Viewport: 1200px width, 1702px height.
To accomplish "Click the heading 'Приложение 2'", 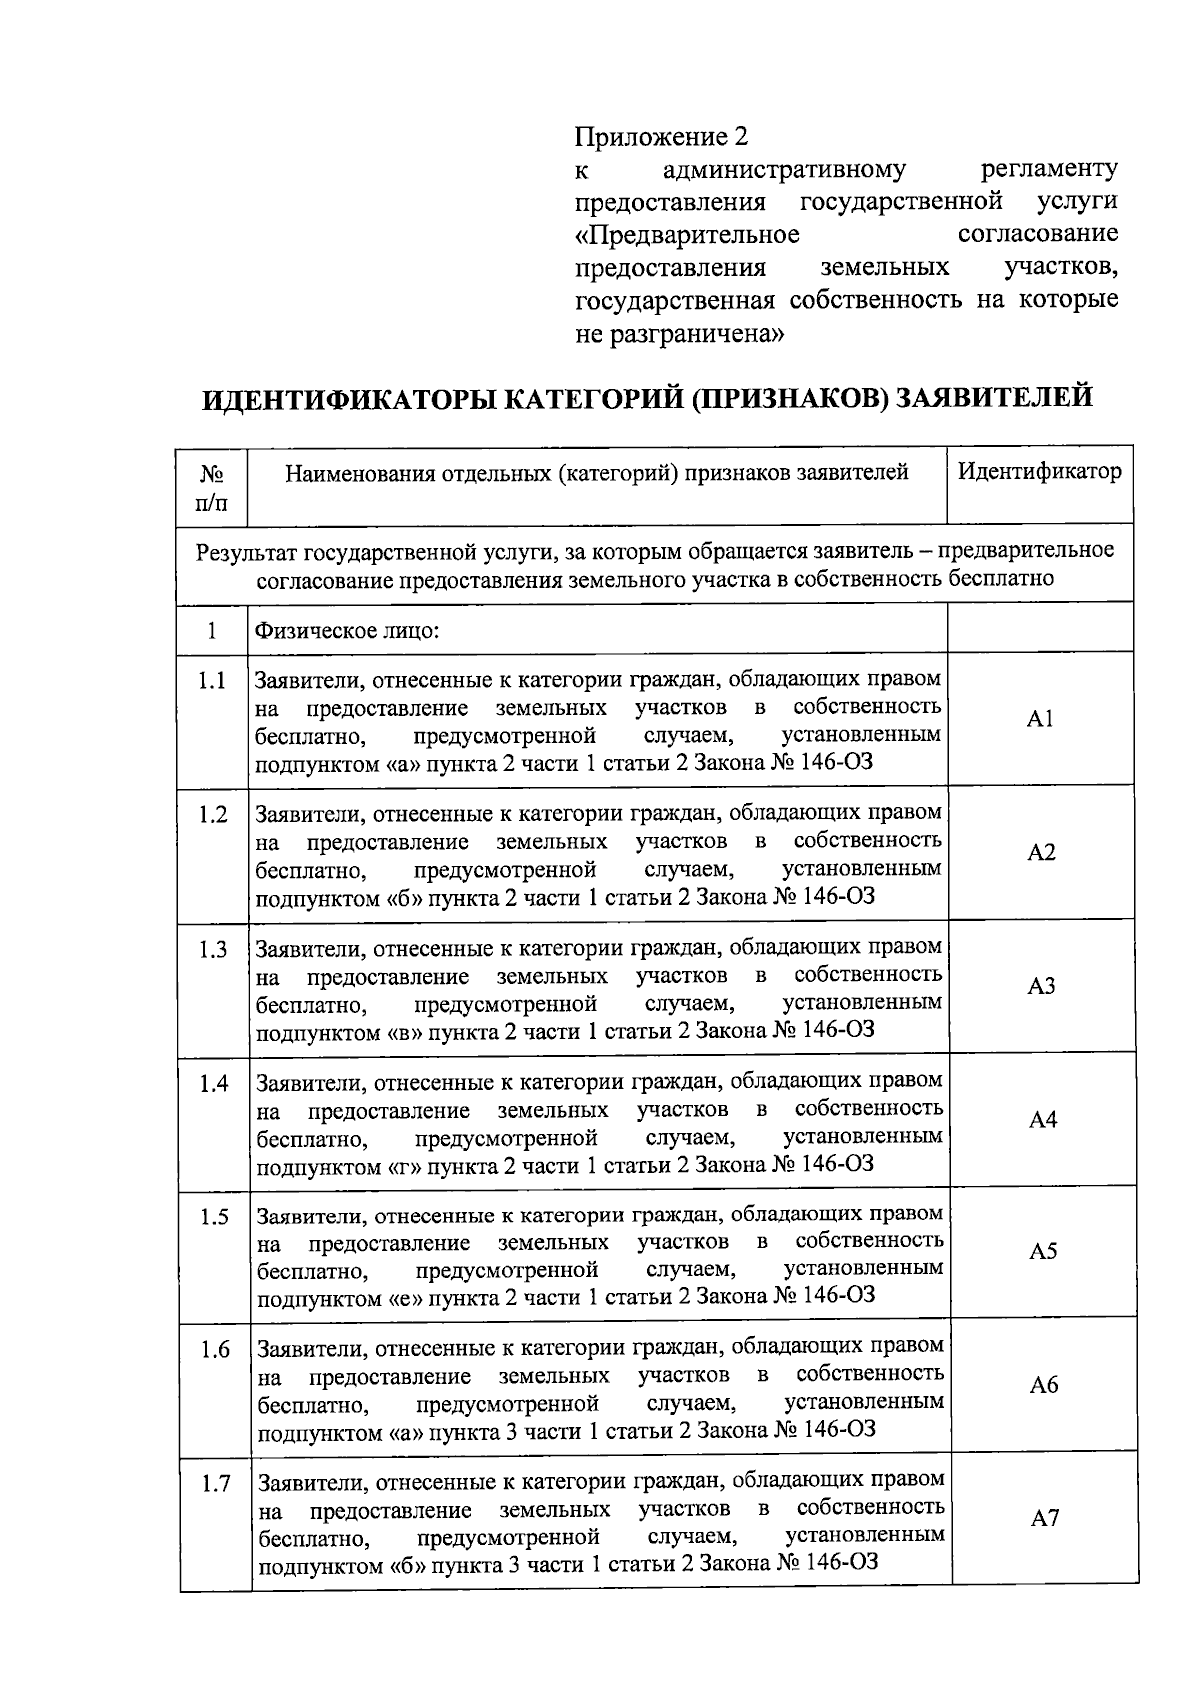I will tap(661, 136).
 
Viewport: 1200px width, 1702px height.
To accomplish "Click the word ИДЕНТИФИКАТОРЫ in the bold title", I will tap(346, 399).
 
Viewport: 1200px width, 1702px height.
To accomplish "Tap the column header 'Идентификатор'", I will tap(1040, 471).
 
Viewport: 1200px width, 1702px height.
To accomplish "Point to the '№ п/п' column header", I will tap(212, 486).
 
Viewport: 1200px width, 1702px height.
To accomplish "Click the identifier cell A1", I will tap(1040, 719).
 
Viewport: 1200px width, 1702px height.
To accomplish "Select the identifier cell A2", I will tap(1041, 853).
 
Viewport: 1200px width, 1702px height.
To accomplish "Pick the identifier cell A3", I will tap(1041, 987).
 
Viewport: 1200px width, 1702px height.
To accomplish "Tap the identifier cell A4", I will tap(1042, 1120).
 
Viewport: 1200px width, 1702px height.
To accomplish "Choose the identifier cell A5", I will tap(1043, 1252).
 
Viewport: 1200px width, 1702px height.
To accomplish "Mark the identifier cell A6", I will tap(1044, 1386).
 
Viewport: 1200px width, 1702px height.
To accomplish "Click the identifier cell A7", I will tap(1045, 1519).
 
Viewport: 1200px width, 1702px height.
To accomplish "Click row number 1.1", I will tap(212, 682).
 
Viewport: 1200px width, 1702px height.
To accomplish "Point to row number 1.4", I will tap(214, 1084).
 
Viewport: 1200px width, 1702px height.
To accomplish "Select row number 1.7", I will tap(216, 1484).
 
